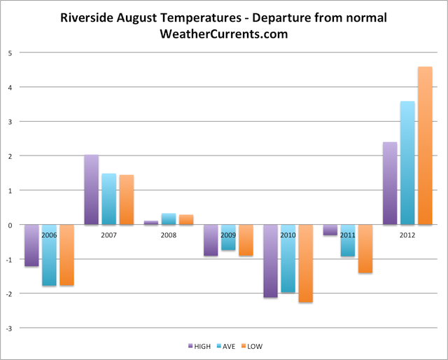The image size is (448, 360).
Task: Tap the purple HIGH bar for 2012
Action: pyautogui.click(x=390, y=183)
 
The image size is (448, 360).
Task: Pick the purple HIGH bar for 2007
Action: pyautogui.click(x=91, y=189)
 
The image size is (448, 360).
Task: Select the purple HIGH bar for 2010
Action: pyautogui.click(x=270, y=261)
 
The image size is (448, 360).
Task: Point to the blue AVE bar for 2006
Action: pyautogui.click(x=49, y=255)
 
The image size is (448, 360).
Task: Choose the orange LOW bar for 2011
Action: pyautogui.click(x=365, y=249)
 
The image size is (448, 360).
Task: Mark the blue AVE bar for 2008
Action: pyautogui.click(x=168, y=219)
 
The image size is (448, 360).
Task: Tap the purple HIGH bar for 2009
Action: pyautogui.click(x=211, y=240)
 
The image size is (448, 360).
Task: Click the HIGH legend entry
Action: pyautogui.click(x=199, y=346)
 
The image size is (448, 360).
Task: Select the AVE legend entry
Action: pyautogui.click(x=227, y=346)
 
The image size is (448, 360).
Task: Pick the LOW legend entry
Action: pyautogui.click(x=253, y=346)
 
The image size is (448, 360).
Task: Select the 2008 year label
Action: pyautogui.click(x=168, y=235)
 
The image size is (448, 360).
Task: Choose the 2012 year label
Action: pyautogui.click(x=407, y=235)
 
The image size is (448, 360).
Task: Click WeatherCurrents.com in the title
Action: pyautogui.click(x=224, y=32)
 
